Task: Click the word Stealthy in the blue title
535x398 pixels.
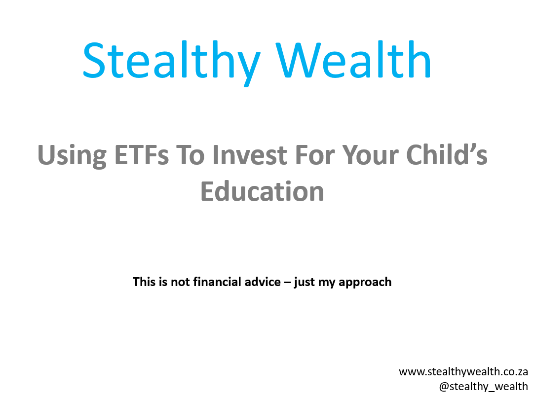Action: (x=172, y=61)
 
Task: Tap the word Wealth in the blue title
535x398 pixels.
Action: (x=353, y=60)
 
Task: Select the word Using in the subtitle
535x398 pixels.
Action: (x=72, y=156)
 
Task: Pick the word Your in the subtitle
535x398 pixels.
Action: (x=370, y=156)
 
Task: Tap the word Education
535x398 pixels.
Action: (x=262, y=191)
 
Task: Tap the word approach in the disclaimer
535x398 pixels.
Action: (x=365, y=283)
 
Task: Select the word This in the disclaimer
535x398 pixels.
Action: (x=144, y=282)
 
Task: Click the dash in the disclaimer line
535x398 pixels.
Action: (x=287, y=283)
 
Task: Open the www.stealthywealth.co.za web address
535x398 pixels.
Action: (x=463, y=371)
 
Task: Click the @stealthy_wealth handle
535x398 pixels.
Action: (x=484, y=386)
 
